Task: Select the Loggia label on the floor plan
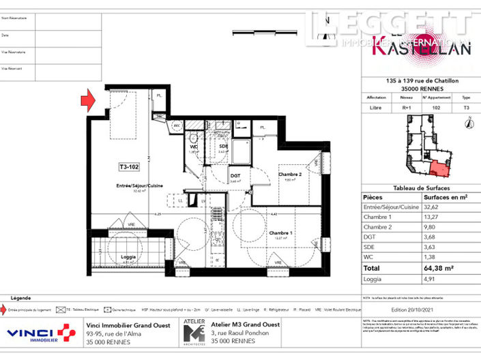click(128, 256)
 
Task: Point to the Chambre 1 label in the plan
click(280, 233)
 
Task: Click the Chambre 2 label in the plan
click(291, 174)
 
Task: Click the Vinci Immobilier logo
click(41, 334)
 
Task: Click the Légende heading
click(21, 298)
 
